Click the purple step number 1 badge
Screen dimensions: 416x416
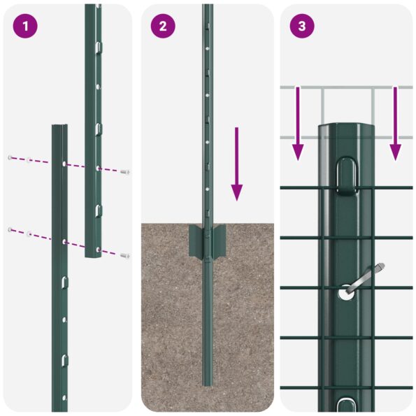click(25, 27)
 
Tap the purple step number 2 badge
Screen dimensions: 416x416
click(163, 27)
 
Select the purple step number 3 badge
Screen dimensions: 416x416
click(302, 27)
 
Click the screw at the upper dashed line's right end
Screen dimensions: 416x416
click(124, 171)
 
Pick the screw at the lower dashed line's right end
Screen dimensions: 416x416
click(124, 256)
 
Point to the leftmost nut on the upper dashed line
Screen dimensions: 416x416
click(10, 157)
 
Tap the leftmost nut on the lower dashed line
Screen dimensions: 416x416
click(10, 229)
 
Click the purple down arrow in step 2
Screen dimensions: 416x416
click(237, 164)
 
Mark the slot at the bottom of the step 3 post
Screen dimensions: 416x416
click(347, 404)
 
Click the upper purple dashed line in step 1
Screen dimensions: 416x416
click(42, 162)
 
